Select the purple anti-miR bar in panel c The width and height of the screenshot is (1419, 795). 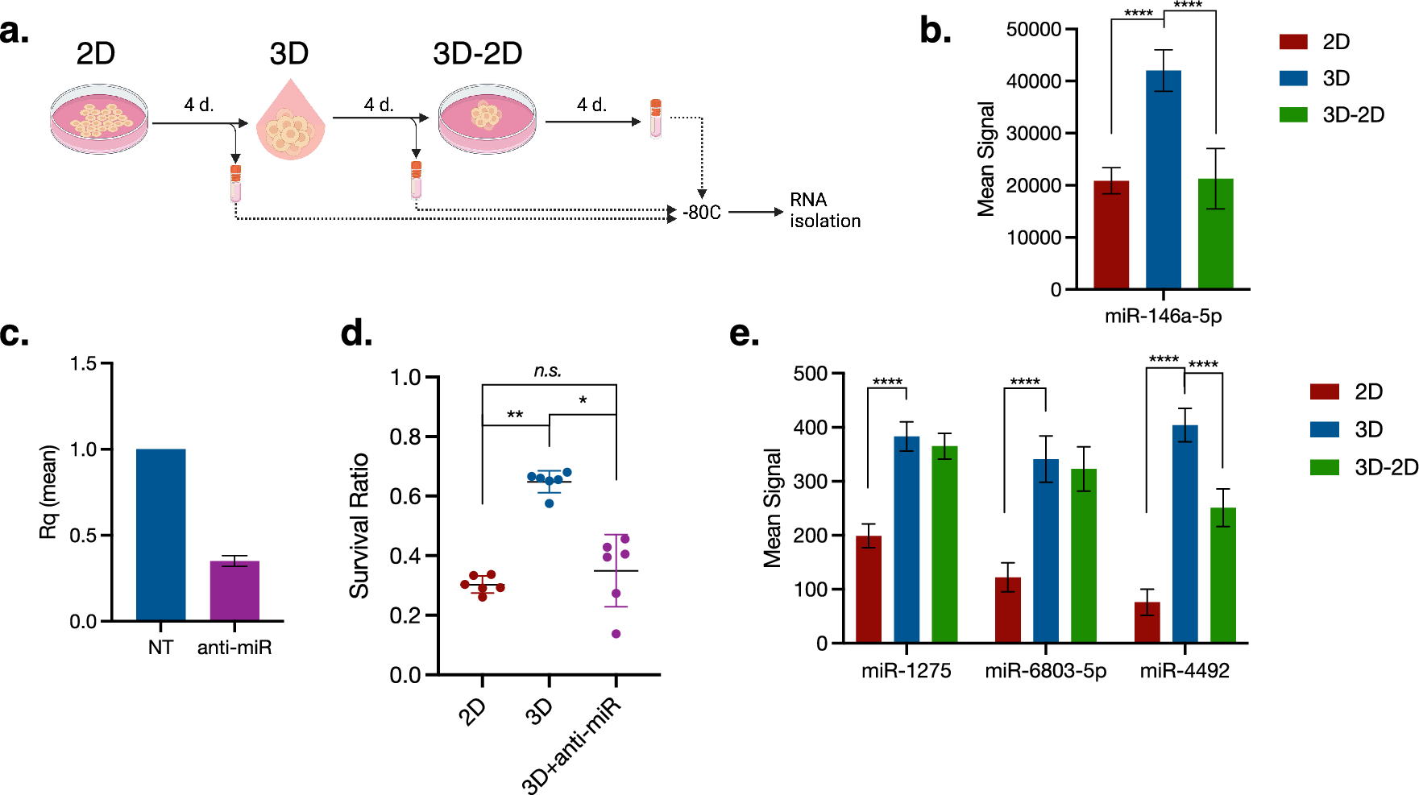[x=234, y=590]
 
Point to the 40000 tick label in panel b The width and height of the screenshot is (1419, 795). [x=1033, y=81]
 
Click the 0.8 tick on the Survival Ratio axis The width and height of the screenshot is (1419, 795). [x=405, y=437]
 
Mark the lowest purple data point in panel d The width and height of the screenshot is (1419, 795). [x=616, y=634]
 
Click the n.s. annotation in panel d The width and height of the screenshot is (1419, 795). [x=548, y=371]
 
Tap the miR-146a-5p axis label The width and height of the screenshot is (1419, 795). [x=1163, y=316]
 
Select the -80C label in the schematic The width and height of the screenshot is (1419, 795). [x=701, y=213]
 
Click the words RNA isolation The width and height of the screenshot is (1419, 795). [x=824, y=210]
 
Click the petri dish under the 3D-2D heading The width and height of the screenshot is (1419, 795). [x=487, y=118]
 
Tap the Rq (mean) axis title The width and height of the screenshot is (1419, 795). [x=48, y=491]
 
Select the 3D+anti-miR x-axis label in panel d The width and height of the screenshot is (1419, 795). [x=571, y=745]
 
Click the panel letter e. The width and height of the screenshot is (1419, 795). [x=743, y=333]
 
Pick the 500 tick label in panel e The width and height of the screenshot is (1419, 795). [x=810, y=374]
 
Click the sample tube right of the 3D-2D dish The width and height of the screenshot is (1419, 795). [x=655, y=118]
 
